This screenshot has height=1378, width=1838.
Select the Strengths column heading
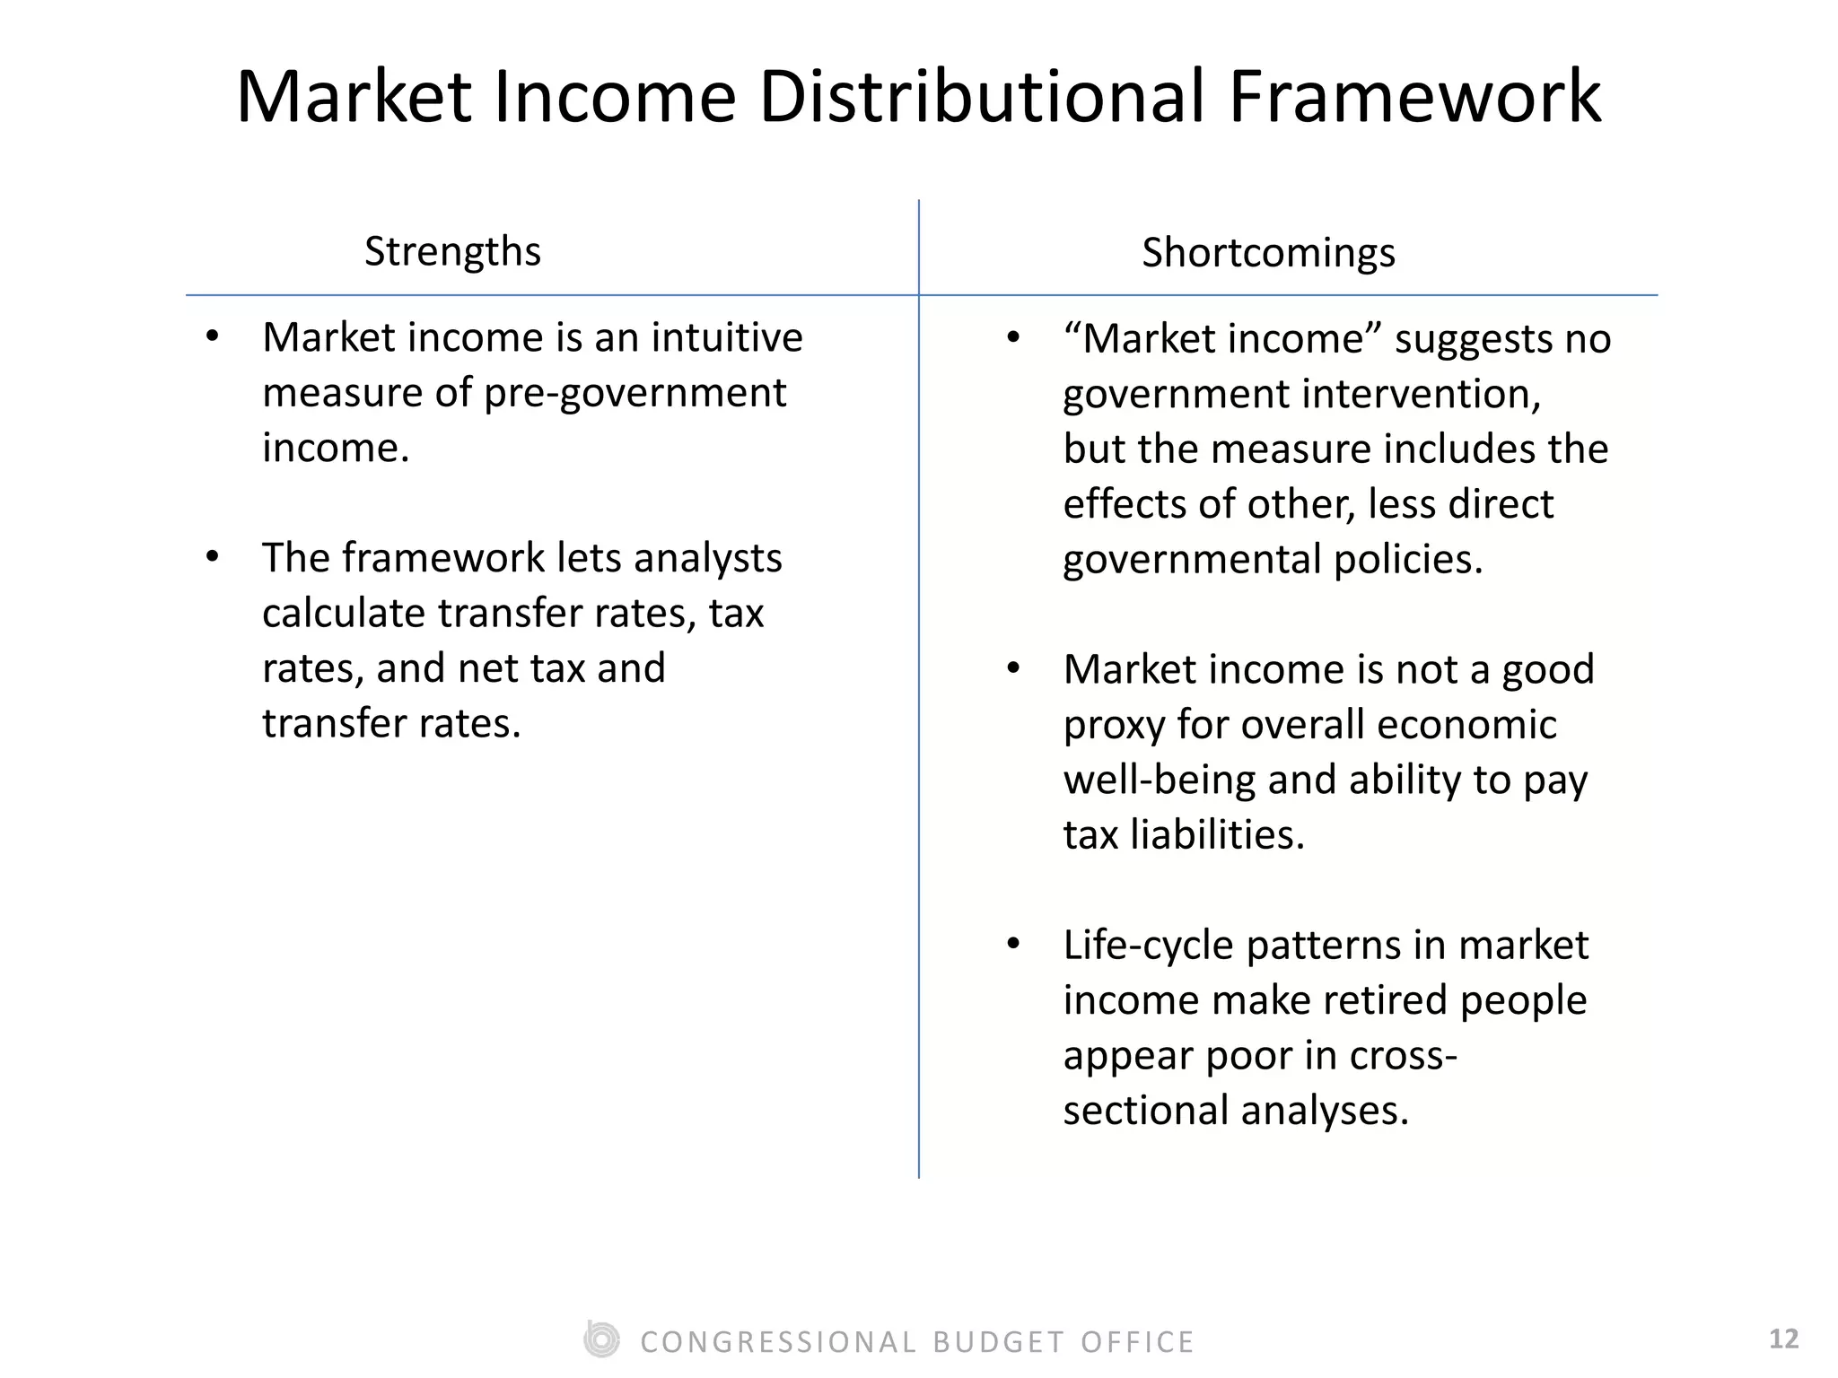click(452, 251)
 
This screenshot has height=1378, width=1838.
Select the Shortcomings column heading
click(1268, 253)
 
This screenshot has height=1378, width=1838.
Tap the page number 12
click(1783, 1339)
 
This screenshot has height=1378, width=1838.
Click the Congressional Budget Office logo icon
click(601, 1340)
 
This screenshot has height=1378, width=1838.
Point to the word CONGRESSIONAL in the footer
click(778, 1342)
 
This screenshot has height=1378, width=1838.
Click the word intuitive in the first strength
click(727, 338)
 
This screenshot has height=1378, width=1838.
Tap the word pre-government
click(635, 394)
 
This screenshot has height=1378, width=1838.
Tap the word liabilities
click(1216, 835)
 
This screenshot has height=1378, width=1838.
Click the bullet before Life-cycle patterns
click(1014, 944)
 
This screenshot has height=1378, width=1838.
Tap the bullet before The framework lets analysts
click(213, 557)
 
